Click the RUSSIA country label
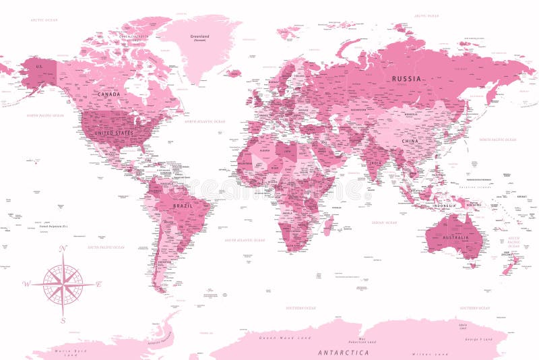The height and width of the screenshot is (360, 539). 407,79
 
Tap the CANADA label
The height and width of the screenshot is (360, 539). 109,94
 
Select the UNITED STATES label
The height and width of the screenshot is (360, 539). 114,133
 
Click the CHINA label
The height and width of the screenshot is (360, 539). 410,141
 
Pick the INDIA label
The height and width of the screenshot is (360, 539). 376,162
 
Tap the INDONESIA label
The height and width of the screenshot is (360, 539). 445,205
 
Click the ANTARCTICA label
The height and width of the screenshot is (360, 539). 344,352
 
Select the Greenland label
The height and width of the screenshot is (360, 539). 199,37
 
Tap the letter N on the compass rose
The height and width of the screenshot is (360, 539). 63,249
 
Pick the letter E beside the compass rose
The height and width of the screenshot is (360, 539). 98,283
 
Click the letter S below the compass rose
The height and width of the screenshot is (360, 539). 63,320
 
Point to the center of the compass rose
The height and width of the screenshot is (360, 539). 63,284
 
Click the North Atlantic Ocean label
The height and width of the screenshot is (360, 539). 205,121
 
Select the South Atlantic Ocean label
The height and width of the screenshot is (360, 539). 245,240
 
